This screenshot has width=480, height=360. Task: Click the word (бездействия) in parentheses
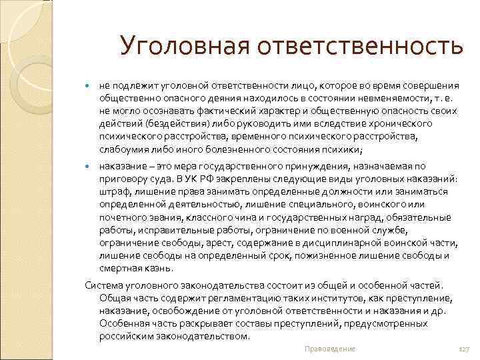pos(163,124)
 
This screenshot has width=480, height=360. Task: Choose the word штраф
pos(114,192)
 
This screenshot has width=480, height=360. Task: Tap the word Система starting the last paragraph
pos(105,285)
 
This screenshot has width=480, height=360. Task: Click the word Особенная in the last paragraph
pos(123,323)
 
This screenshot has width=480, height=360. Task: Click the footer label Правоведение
pos(329,349)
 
